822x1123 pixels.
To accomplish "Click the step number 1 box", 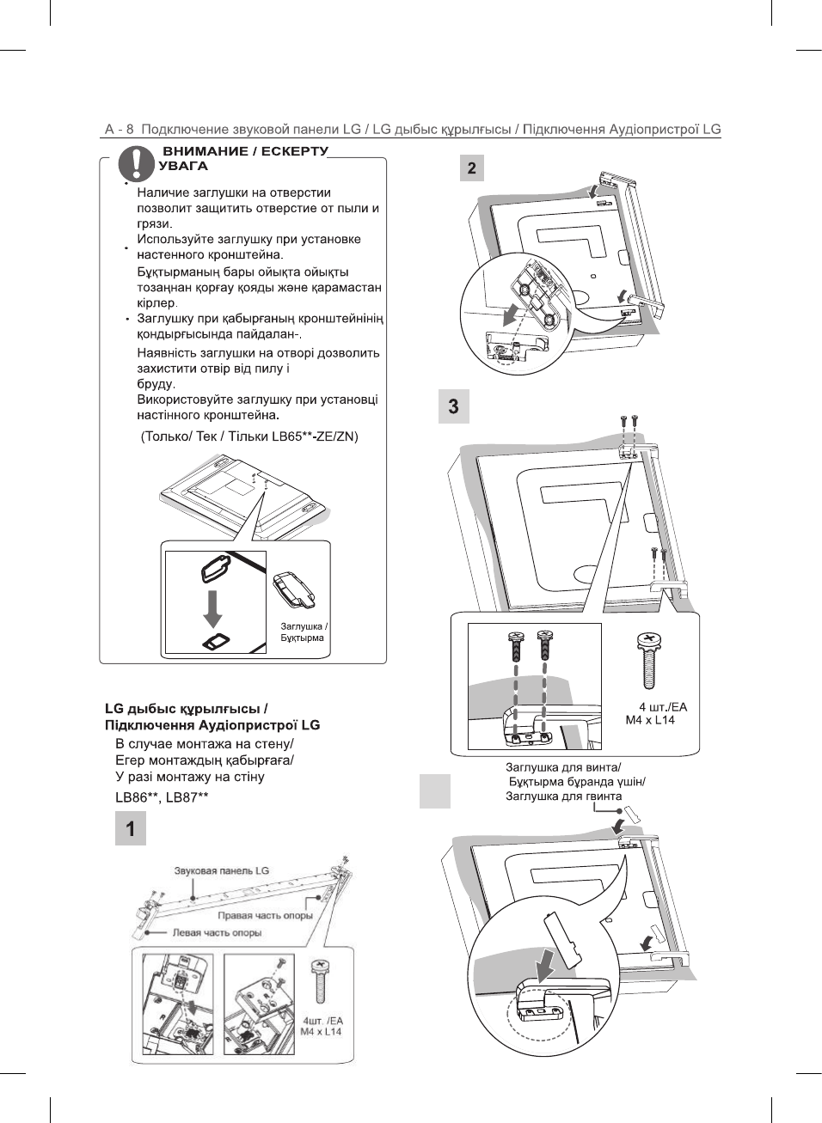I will pos(131,829).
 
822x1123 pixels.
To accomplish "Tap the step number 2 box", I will pos(471,168).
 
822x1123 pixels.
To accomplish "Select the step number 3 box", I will pos(454,406).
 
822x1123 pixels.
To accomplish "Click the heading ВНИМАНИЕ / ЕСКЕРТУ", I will pos(245,151).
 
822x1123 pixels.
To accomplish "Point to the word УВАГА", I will pos(183,166).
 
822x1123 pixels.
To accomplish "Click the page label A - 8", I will pos(119,130).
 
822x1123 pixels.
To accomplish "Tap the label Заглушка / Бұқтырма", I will pos(304,632).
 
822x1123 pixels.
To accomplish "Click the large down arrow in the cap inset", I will pos(212,607).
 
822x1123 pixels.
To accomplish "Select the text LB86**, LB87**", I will pos(162,797).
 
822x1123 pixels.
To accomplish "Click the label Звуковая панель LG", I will pos(221,871).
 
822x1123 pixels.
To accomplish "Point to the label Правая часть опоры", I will pos(265,916).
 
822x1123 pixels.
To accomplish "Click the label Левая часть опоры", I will pos(217,933).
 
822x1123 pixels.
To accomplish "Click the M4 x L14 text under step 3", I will pos(650,720).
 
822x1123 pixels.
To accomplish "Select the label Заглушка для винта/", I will pos(563,767).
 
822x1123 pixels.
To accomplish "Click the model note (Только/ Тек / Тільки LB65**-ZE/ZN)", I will pos(249,436).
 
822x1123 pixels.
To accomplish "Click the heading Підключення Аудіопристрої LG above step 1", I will pos(212,725).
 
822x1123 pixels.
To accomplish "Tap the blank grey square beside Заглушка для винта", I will pos(435,791).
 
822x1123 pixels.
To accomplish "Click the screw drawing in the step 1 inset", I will pos(321,983).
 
